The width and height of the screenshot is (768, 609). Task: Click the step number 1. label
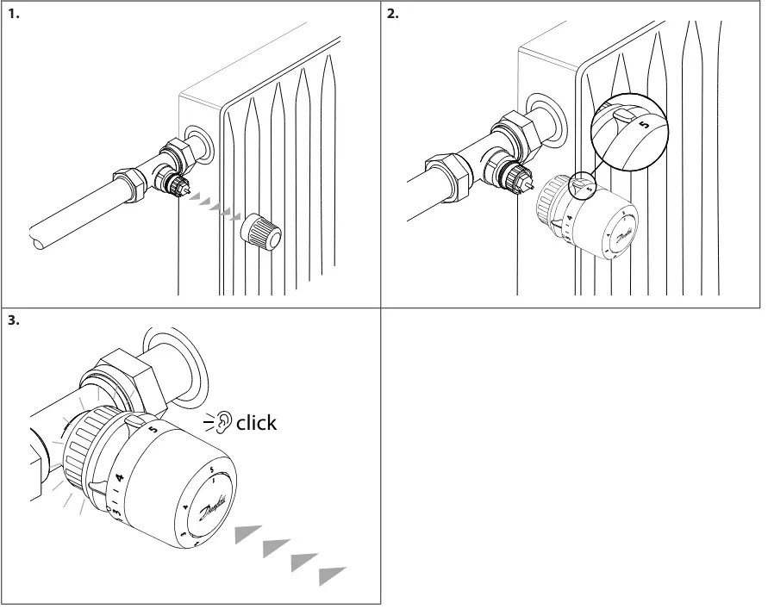point(13,14)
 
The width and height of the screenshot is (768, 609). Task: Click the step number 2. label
point(393,14)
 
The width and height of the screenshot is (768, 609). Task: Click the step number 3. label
point(13,320)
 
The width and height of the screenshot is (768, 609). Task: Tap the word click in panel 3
point(256,422)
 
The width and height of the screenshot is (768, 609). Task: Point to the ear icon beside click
point(223,422)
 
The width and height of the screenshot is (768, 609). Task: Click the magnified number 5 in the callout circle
point(643,128)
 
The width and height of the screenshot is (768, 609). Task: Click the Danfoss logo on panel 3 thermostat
point(213,506)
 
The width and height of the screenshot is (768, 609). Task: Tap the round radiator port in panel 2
point(546,116)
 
